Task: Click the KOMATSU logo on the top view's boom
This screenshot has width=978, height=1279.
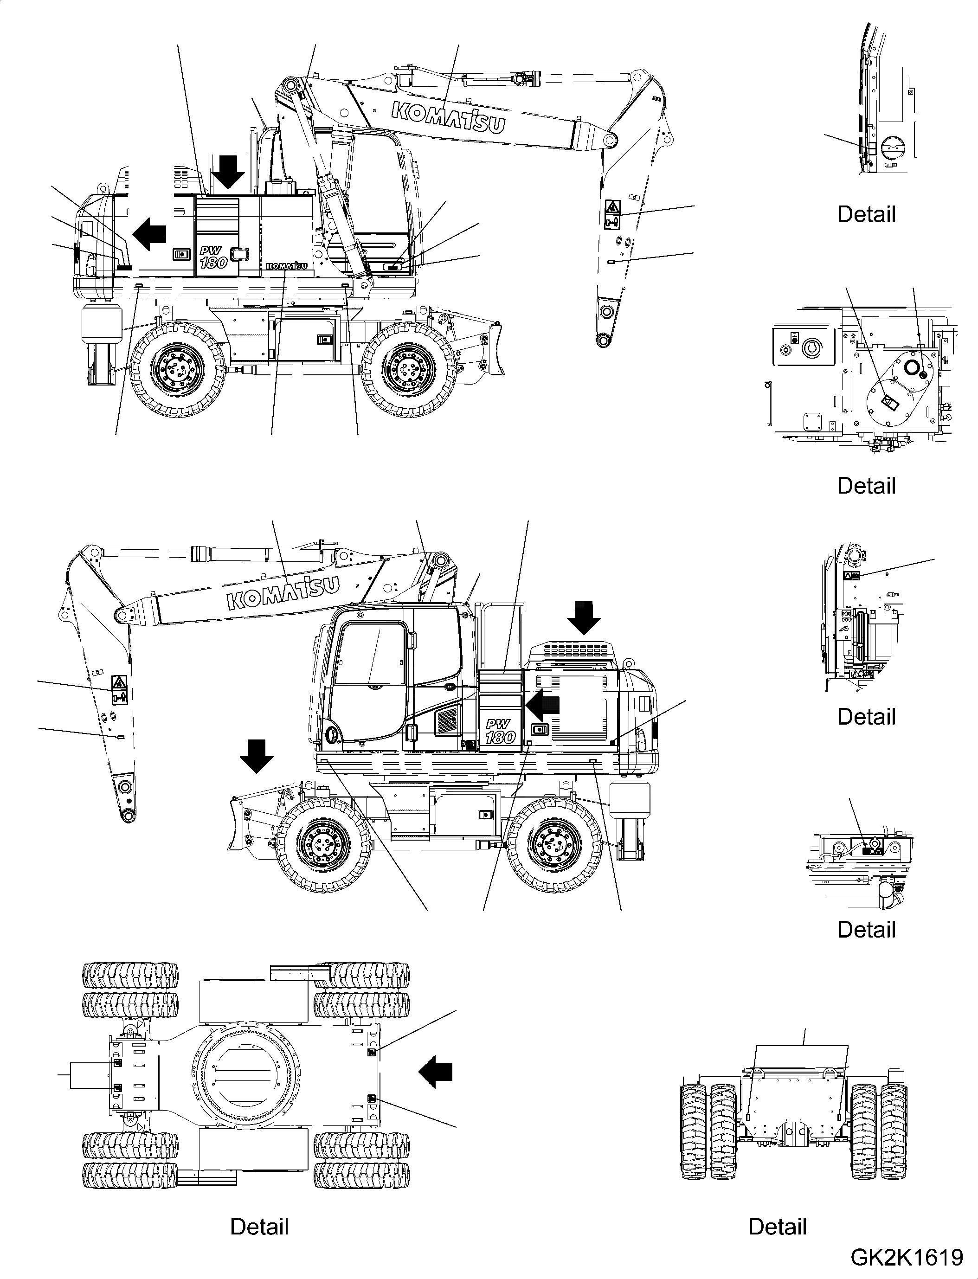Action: tap(447, 116)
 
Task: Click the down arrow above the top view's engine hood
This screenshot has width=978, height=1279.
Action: tap(228, 172)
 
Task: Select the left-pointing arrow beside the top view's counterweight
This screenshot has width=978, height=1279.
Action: tap(149, 233)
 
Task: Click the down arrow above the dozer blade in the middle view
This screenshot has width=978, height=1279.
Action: tap(257, 756)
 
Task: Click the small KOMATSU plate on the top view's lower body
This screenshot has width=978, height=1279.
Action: tap(286, 266)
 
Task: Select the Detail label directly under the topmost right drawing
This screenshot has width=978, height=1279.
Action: tap(866, 214)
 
